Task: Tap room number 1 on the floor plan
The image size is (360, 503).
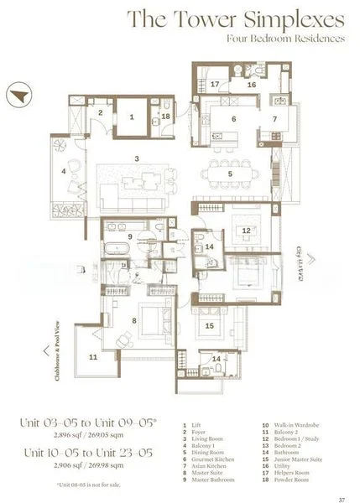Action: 132,117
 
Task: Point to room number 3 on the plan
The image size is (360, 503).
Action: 136,157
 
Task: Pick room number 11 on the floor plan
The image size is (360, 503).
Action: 93,357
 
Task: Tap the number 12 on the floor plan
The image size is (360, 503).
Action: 246,231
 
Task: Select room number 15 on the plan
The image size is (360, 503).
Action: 210,326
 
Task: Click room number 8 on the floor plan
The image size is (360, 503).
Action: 132,319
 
